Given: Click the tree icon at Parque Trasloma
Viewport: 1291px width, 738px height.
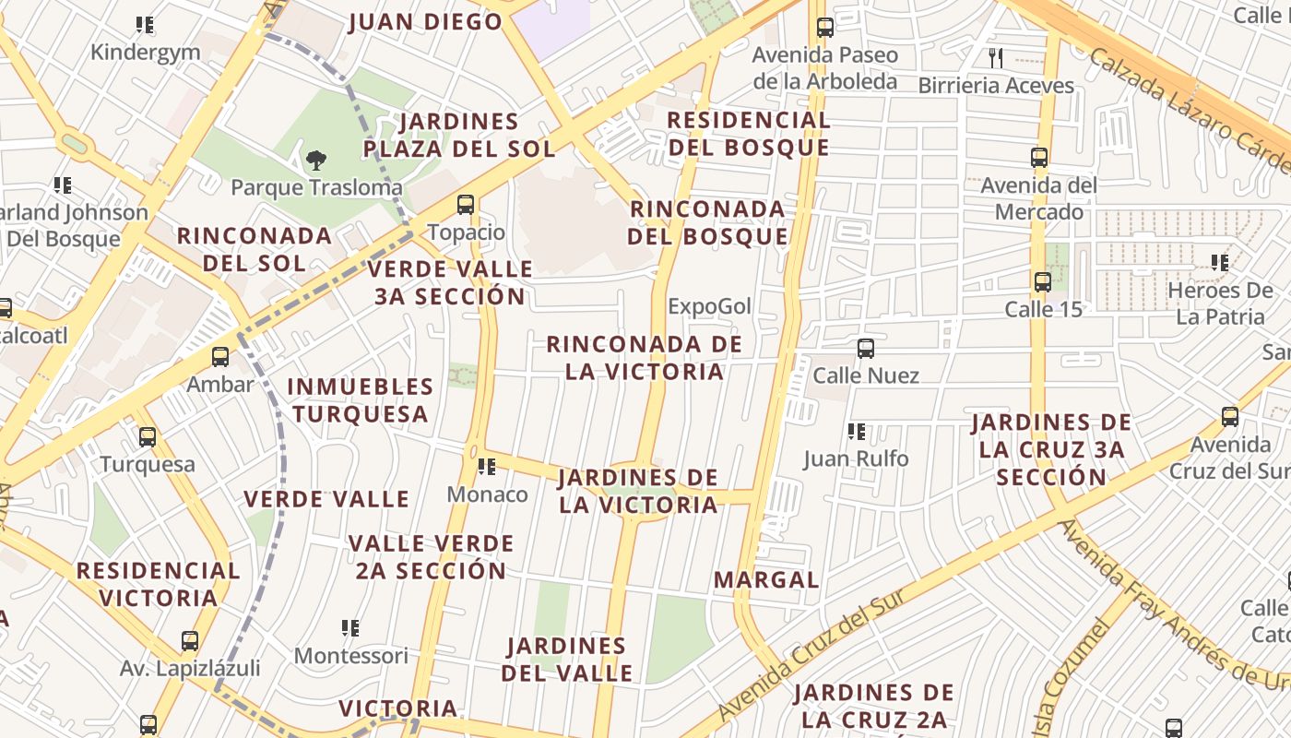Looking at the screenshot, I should [x=315, y=161].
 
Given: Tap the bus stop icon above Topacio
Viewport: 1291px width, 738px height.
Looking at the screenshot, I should [x=466, y=205].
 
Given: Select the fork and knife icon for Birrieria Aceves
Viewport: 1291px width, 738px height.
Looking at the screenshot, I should [x=995, y=58].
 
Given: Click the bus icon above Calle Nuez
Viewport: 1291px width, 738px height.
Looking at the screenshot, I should [x=865, y=349].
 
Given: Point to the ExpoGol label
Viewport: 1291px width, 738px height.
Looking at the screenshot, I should [x=709, y=306].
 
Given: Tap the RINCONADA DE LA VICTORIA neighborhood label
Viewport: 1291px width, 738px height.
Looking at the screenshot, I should [x=644, y=358].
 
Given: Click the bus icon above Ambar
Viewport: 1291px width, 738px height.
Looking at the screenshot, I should [x=219, y=357].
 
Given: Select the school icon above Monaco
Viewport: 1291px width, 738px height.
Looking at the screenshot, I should [x=487, y=467].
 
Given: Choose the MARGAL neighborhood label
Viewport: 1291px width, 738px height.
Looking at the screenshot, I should [x=766, y=580].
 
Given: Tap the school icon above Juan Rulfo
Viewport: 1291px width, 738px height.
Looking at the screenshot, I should [x=856, y=432].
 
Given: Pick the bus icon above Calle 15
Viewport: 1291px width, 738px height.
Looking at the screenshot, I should [x=1042, y=282].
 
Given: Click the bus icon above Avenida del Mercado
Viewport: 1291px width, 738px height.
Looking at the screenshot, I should [x=1039, y=158].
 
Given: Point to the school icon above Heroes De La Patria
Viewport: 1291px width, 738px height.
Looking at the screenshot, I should [x=1219, y=263].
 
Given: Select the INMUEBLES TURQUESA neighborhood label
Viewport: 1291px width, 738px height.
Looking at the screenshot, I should [x=360, y=400].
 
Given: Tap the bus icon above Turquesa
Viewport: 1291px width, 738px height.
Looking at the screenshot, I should [x=148, y=437].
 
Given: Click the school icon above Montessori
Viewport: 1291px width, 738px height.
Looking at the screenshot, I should [x=350, y=628].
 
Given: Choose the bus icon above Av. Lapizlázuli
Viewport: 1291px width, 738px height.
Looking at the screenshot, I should [x=190, y=640].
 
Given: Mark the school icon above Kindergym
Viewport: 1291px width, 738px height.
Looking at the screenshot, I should [x=145, y=25].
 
